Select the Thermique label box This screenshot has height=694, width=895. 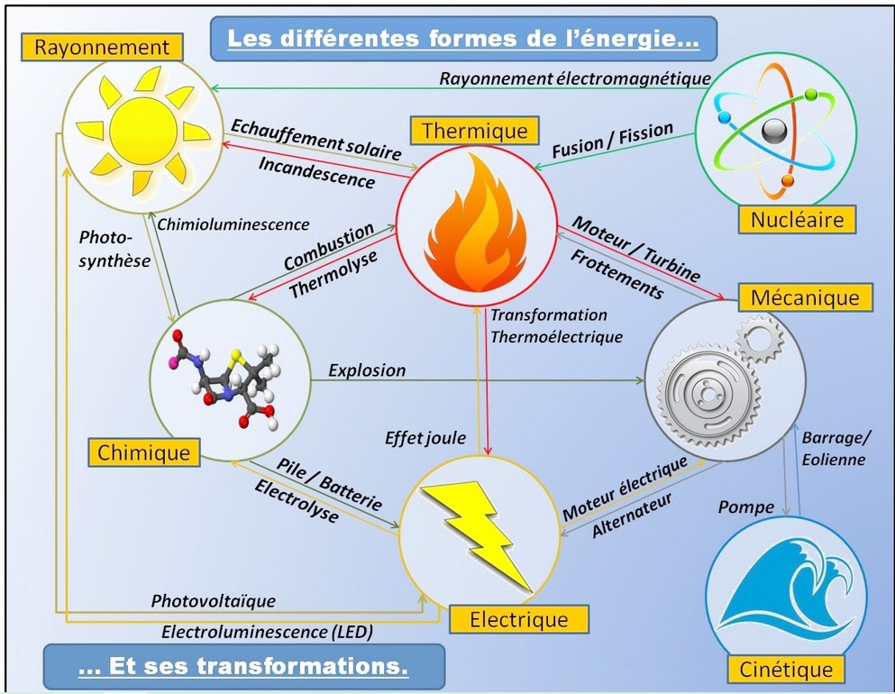click(474, 130)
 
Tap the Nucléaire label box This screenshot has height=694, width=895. click(796, 218)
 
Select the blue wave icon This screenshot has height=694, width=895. click(784, 586)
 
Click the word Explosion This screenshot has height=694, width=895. click(367, 370)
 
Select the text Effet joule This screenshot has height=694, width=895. click(425, 438)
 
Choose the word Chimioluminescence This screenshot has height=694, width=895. click(233, 224)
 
